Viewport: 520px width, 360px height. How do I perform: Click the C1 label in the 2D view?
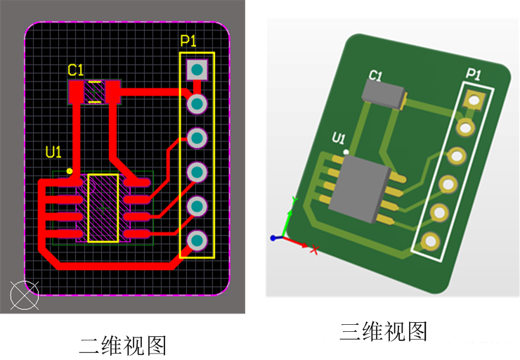point(75,70)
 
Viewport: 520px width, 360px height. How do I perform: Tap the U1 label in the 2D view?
point(53,151)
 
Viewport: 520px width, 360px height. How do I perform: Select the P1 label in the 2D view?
point(188,41)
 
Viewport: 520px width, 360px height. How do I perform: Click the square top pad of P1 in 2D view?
point(197,69)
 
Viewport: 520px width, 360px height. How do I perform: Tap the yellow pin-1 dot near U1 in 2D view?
point(70,171)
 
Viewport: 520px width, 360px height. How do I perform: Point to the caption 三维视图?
point(384,330)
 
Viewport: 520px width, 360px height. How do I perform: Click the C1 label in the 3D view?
point(376,76)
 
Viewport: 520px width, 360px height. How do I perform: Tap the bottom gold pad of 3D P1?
point(429,243)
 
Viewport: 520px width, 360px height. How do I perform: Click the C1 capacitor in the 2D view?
point(94,92)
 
